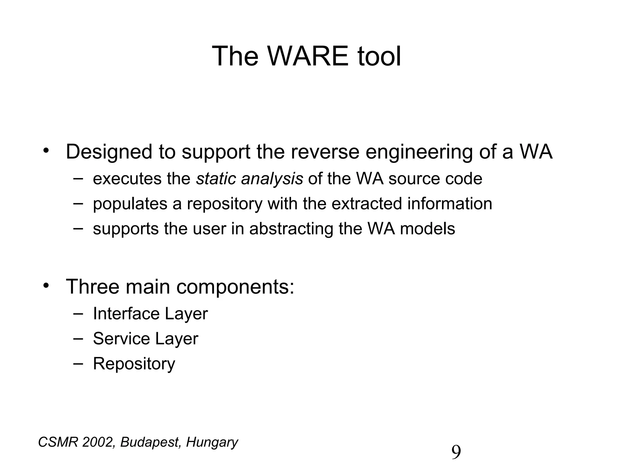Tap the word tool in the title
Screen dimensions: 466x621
(379, 56)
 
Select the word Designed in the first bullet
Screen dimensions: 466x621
(109, 152)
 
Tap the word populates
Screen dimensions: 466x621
(130, 204)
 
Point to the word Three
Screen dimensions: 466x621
(92, 287)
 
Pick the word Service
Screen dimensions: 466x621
(121, 339)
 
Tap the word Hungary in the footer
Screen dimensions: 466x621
(212, 443)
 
